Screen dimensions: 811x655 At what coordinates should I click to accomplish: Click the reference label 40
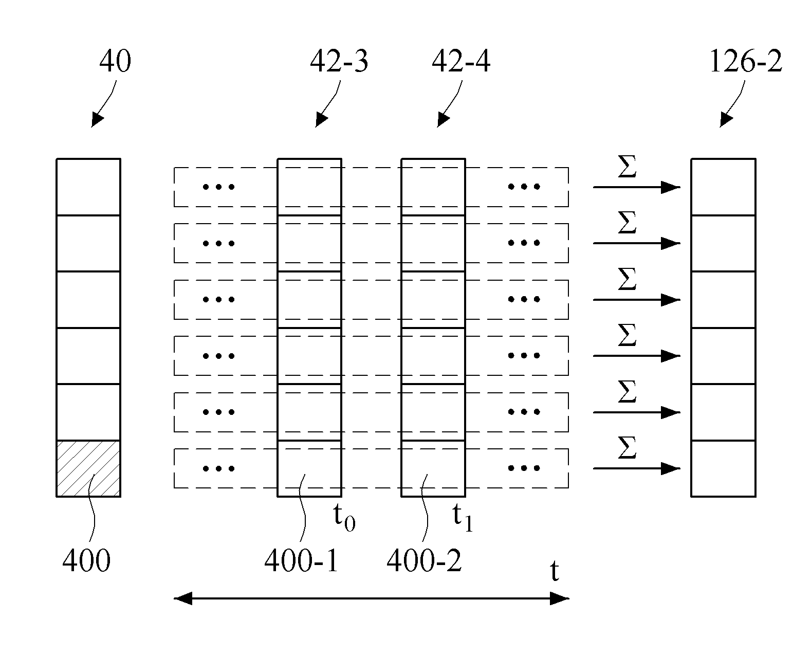(115, 61)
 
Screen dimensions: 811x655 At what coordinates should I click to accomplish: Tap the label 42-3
(339, 61)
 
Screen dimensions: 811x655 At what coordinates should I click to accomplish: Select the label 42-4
(460, 61)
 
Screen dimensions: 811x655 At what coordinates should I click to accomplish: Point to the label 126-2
(746, 61)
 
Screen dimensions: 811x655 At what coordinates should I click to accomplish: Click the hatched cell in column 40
(88, 468)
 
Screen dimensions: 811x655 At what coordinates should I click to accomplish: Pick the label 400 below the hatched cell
(86, 561)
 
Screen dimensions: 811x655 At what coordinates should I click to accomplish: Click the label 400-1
(301, 561)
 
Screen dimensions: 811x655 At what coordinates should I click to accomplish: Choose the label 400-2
(424, 561)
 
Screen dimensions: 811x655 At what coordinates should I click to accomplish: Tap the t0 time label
(344, 517)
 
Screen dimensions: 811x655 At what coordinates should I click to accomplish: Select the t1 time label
(463, 517)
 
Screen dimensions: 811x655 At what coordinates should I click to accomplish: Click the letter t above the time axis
(555, 571)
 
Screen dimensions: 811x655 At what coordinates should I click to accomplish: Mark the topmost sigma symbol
(627, 167)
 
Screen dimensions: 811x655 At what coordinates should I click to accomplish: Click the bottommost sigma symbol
(627, 447)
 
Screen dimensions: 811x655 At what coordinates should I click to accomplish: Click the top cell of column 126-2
(724, 187)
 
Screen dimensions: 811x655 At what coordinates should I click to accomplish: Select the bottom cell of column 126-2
(724, 468)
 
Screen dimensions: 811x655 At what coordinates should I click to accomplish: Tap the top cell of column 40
(88, 187)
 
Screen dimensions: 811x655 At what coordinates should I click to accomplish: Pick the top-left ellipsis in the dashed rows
(218, 187)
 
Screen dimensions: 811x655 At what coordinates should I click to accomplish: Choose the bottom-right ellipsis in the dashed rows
(524, 468)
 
